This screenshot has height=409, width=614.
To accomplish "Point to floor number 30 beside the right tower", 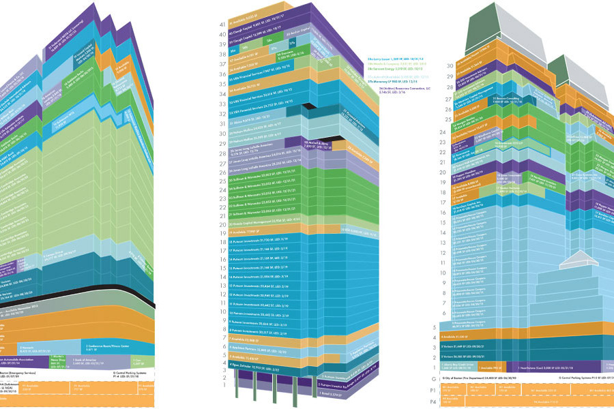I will coord(430,66).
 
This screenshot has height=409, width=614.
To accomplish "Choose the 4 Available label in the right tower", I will coord(464,337).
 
